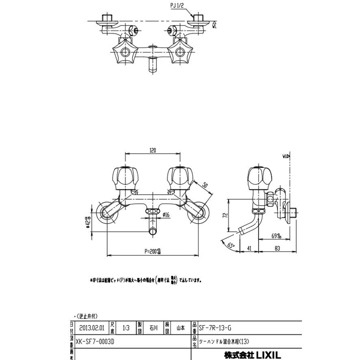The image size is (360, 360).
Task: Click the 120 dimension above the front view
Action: tap(153, 150)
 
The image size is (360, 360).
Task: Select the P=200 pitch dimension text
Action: tap(153, 252)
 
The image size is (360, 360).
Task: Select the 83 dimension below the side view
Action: tap(278, 247)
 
